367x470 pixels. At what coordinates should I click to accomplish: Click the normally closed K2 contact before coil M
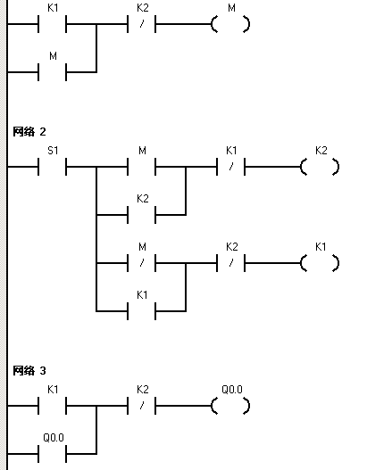[142, 24]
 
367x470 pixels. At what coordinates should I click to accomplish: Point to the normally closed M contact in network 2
[142, 263]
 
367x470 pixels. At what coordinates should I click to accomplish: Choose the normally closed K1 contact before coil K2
[230, 167]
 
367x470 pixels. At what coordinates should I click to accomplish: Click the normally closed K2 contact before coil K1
[230, 263]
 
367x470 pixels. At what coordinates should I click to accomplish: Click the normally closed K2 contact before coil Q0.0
[142, 406]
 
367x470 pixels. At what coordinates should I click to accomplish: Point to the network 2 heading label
[29, 132]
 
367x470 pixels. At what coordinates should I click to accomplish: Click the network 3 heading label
[29, 371]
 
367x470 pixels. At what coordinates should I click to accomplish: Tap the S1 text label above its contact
[53, 151]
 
